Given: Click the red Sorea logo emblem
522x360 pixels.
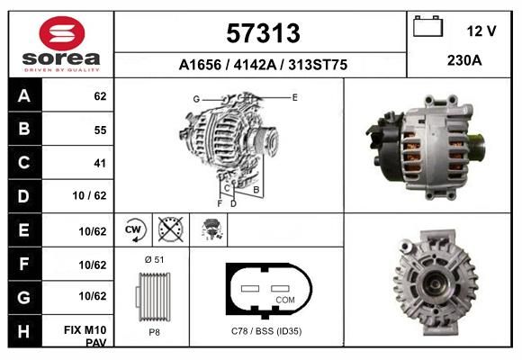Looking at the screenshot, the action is click(x=61, y=33).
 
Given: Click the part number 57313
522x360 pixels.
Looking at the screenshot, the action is click(x=263, y=33).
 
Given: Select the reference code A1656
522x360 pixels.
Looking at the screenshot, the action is click(x=200, y=65).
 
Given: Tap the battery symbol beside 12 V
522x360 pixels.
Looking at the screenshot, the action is click(x=427, y=26).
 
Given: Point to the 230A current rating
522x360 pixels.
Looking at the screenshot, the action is click(x=464, y=60).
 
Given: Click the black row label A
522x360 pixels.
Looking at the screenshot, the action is click(x=24, y=95).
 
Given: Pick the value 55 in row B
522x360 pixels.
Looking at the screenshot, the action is click(x=100, y=130).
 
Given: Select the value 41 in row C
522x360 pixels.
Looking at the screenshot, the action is click(x=100, y=163).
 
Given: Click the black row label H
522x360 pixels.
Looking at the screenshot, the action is click(x=24, y=331).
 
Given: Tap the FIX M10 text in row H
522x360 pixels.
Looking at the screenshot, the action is click(x=85, y=330).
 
